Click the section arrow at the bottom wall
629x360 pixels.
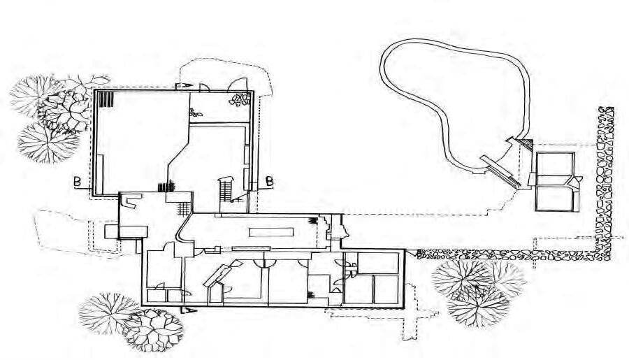pos(187,308)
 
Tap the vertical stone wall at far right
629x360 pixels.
pos(605,182)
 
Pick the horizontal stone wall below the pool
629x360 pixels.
pos(503,255)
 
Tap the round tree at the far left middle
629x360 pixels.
pos(48,142)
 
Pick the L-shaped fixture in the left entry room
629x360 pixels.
pos(130,201)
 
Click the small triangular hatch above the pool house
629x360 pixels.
pos(528,143)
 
